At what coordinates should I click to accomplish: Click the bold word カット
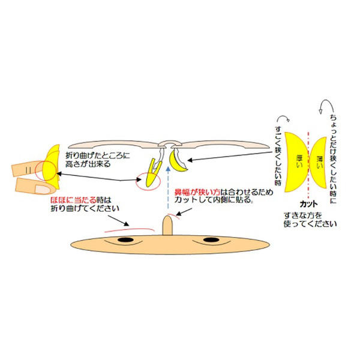pos(309,204)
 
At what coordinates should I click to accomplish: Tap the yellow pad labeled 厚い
pos(295,162)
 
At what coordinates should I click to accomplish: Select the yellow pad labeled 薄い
pos(319,163)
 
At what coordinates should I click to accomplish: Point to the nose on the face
pos(167,226)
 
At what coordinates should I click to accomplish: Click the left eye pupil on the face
pos(125,240)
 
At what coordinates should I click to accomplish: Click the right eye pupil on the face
pos(211,240)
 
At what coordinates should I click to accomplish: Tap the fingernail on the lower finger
pos(43,189)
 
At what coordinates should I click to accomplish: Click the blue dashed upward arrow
pos(168,188)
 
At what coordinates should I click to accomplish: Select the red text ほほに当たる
pos(73,200)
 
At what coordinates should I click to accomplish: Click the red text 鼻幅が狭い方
pos(197,192)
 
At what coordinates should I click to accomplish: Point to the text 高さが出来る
pos(88,164)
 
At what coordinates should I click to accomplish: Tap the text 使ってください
pos(310,224)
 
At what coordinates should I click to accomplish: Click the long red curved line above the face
pos(130,229)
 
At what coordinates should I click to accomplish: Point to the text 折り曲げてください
pos(85,208)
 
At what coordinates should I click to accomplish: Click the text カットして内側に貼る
pos(214,200)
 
